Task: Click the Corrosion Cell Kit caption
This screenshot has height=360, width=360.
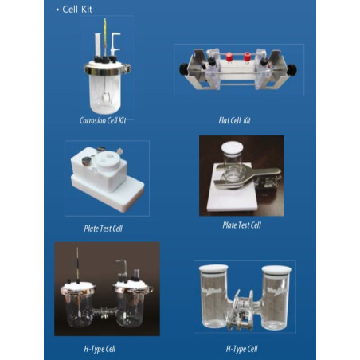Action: pos(108,120)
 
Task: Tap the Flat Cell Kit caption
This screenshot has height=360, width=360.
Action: pos(239,120)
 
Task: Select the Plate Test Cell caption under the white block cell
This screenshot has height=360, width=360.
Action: pos(103,229)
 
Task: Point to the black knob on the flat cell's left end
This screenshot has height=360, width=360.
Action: pos(183,65)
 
